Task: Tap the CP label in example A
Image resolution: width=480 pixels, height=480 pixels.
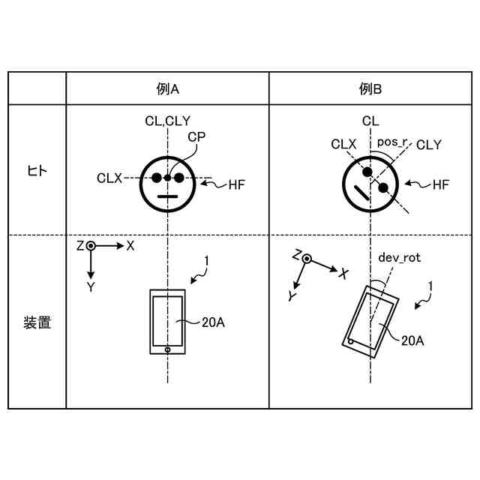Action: click(x=196, y=137)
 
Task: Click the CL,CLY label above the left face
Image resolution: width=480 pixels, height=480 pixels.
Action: click(x=168, y=121)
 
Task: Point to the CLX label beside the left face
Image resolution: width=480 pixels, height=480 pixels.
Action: click(x=109, y=178)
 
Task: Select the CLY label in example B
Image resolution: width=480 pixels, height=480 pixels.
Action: click(x=428, y=145)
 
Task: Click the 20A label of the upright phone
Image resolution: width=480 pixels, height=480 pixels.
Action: click(x=213, y=323)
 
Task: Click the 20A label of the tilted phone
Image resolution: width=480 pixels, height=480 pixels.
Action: click(x=412, y=340)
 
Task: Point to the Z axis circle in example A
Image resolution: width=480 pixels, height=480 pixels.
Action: click(x=91, y=246)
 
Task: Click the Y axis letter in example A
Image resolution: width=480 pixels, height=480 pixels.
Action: click(x=91, y=286)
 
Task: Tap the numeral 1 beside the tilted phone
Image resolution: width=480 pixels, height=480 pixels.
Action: click(x=430, y=286)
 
